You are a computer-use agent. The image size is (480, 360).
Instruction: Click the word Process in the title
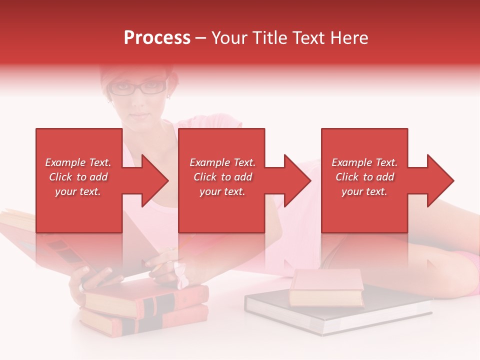click(157, 37)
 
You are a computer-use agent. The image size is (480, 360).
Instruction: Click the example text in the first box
click(78, 177)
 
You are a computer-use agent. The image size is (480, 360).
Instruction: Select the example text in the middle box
click(222, 177)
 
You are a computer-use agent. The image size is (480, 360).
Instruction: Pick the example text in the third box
click(364, 177)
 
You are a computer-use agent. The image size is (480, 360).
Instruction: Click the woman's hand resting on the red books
click(92, 277)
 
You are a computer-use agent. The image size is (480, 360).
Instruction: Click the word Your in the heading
click(230, 37)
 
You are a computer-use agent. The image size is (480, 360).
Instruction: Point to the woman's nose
click(138, 102)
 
